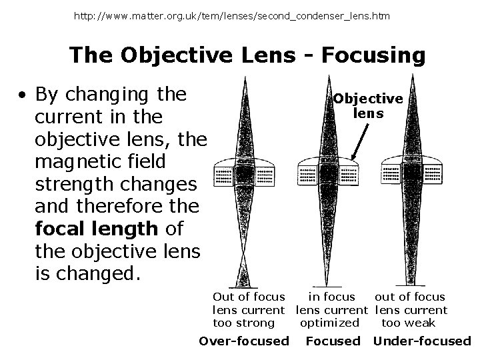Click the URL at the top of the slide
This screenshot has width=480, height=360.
pyautogui.click(x=233, y=15)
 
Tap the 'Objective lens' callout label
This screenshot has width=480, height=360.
pyautogui.click(x=368, y=106)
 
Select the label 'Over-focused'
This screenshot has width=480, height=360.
pyautogui.click(x=244, y=341)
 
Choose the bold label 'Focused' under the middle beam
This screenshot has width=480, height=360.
pyautogui.click(x=333, y=341)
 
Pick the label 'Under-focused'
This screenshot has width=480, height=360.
pyautogui.click(x=422, y=341)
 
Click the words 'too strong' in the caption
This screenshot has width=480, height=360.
pyautogui.click(x=243, y=323)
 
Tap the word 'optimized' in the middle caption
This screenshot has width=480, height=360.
pyautogui.click(x=329, y=323)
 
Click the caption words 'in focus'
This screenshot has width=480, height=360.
pyautogui.click(x=331, y=297)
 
